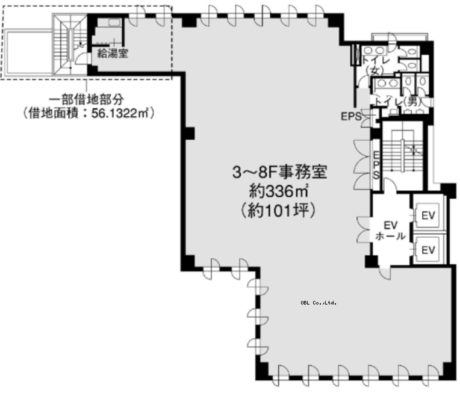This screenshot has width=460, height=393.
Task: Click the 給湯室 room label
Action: pyautogui.click(x=113, y=54)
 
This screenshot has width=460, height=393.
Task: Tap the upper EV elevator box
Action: pyautogui.click(x=427, y=215)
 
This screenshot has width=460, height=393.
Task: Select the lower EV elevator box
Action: pyautogui.click(x=427, y=250)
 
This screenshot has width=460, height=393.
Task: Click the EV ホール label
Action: pyautogui.click(x=391, y=231)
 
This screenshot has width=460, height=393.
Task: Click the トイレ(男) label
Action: pyautogui.click(x=397, y=102)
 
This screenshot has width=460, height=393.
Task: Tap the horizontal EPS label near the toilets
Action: pyautogui.click(x=351, y=116)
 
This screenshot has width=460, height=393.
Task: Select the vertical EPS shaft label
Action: pyautogui.click(x=376, y=165)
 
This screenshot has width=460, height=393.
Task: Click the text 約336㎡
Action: pyautogui.click(x=279, y=191)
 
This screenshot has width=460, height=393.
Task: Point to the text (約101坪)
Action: pyautogui.click(x=278, y=210)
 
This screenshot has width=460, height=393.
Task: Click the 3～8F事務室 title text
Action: pyautogui.click(x=279, y=172)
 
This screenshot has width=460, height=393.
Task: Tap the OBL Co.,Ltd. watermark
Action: pyautogui.click(x=319, y=303)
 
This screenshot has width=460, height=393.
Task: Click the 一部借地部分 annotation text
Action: pyautogui.click(x=85, y=99)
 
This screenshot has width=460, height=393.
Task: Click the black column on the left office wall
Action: pyautogui.click(x=190, y=134)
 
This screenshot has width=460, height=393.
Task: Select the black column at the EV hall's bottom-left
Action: pyautogui.click(x=371, y=261)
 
